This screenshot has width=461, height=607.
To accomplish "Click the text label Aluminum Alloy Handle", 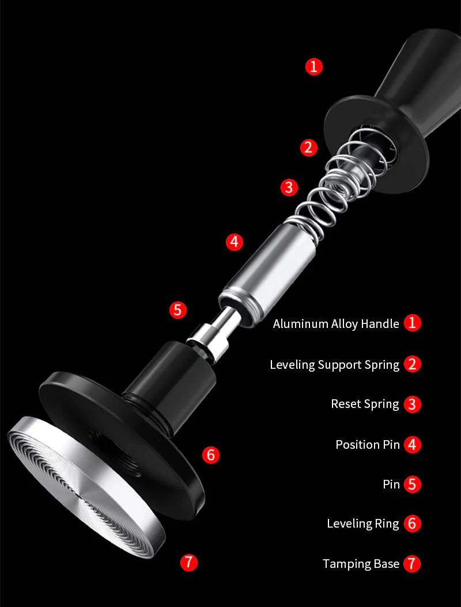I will [336, 323].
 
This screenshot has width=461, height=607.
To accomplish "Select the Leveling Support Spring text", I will [334, 365].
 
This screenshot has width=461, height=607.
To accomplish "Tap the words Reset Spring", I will [365, 404].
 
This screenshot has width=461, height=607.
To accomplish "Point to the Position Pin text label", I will [368, 445].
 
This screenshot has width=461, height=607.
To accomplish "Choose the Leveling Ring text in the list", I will [362, 524].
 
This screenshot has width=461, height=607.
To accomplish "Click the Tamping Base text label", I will [361, 564].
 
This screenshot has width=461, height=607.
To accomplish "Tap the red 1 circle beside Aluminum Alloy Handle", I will [413, 323].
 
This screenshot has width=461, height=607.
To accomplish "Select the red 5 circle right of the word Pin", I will [413, 484].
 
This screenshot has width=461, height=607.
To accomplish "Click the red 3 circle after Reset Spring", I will [413, 404].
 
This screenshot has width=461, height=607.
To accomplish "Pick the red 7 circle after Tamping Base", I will [413, 564].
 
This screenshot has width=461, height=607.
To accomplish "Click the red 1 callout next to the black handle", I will [313, 67].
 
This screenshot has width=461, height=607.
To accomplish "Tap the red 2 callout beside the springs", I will [309, 147].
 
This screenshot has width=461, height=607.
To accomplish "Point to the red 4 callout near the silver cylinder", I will [234, 242].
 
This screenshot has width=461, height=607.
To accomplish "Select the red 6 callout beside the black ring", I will [211, 455].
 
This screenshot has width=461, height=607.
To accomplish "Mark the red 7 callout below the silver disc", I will [189, 562].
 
